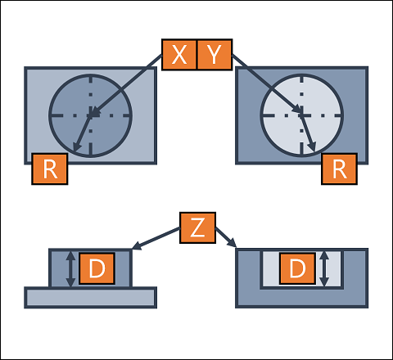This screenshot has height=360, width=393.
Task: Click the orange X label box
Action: [179, 55]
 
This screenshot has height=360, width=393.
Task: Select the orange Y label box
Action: [215, 55]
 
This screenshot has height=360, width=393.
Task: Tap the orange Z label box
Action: [197, 227]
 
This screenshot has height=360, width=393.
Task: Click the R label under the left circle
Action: [50, 169]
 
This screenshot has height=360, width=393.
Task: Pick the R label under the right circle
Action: [339, 169]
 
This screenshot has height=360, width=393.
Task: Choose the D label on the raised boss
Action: [97, 268]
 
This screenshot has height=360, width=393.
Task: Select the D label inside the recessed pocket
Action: [297, 268]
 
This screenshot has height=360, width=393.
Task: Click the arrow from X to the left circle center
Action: [126, 85]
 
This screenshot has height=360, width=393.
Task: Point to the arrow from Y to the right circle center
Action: [267, 83]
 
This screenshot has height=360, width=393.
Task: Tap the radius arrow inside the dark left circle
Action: [82, 133]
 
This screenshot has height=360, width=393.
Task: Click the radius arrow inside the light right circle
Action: [308, 133]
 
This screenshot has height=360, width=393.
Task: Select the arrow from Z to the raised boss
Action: [156, 238]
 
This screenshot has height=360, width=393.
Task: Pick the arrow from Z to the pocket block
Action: [226, 237]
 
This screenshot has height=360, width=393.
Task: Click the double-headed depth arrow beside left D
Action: [71, 269]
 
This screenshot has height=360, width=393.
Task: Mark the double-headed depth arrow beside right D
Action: [324, 269]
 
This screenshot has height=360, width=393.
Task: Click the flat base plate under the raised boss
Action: [91, 298]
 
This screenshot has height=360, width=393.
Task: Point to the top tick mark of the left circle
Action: [91, 80]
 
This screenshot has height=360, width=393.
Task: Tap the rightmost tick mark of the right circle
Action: [337, 115]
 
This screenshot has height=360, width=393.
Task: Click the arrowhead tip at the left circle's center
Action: [90, 116]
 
